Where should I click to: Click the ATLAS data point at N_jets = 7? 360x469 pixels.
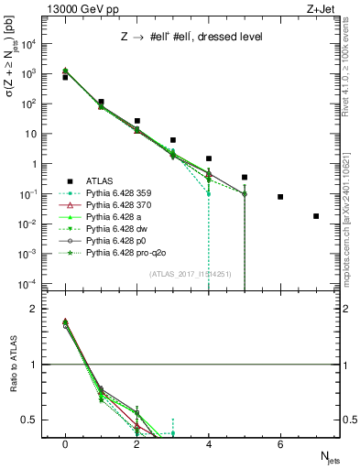pos(316,216)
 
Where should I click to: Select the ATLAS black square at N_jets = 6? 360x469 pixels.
pos(280,197)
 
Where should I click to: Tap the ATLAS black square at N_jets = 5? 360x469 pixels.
pos(245,177)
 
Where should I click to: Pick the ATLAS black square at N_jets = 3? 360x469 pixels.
pos(173,140)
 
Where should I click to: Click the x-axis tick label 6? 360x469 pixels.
pos(280,445)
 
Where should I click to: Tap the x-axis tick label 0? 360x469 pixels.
pos(65,445)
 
